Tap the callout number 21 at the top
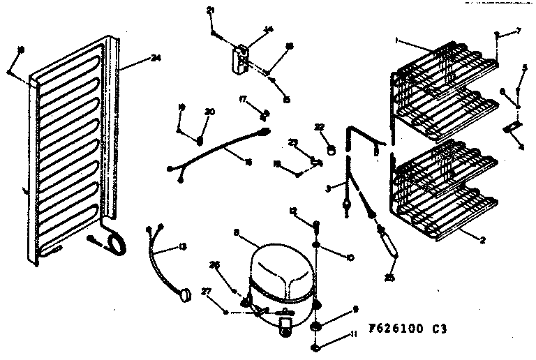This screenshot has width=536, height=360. pyautogui.click(x=211, y=10)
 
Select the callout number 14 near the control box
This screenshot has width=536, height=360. pyautogui.click(x=268, y=29)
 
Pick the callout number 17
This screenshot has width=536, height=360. pyautogui.click(x=244, y=100)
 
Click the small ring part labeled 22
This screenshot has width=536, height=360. pyautogui.click(x=332, y=149)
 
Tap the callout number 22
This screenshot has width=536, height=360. pyautogui.click(x=320, y=127)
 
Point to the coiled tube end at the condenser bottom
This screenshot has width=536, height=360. pyautogui.click(x=114, y=241)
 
